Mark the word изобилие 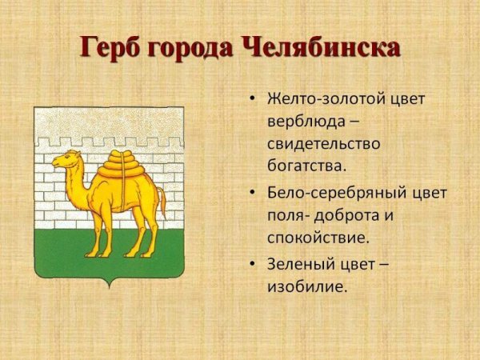[x=307, y=286]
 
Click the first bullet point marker [x=253, y=101]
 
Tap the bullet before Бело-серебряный [x=253, y=194]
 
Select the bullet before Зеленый [x=253, y=264]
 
